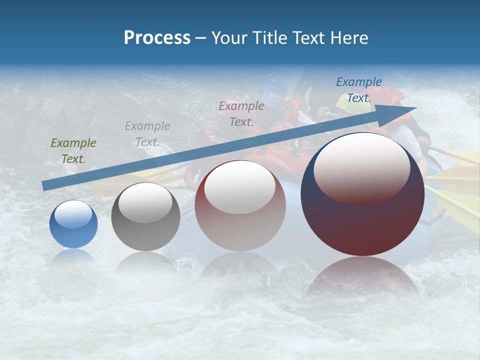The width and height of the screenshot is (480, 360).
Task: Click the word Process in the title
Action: click(x=157, y=38)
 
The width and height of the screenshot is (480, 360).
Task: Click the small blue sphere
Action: click(x=73, y=224)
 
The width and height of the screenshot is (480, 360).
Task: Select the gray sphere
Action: click(x=145, y=217)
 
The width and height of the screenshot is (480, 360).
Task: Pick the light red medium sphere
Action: click(x=240, y=206)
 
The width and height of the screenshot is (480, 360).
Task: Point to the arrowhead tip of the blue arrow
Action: click(x=415, y=107)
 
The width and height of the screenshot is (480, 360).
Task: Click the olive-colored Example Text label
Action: click(x=73, y=151)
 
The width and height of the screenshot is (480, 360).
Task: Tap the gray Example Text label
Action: click(x=147, y=134)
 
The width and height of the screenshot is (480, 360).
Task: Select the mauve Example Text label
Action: click(x=241, y=113)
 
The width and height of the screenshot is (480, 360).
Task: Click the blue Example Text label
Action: click(x=359, y=90)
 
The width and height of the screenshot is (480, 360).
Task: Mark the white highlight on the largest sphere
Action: click(x=361, y=168)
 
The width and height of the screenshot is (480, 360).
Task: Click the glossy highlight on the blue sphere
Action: click(x=73, y=214)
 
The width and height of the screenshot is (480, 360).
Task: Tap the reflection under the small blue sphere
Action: click(x=73, y=256)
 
